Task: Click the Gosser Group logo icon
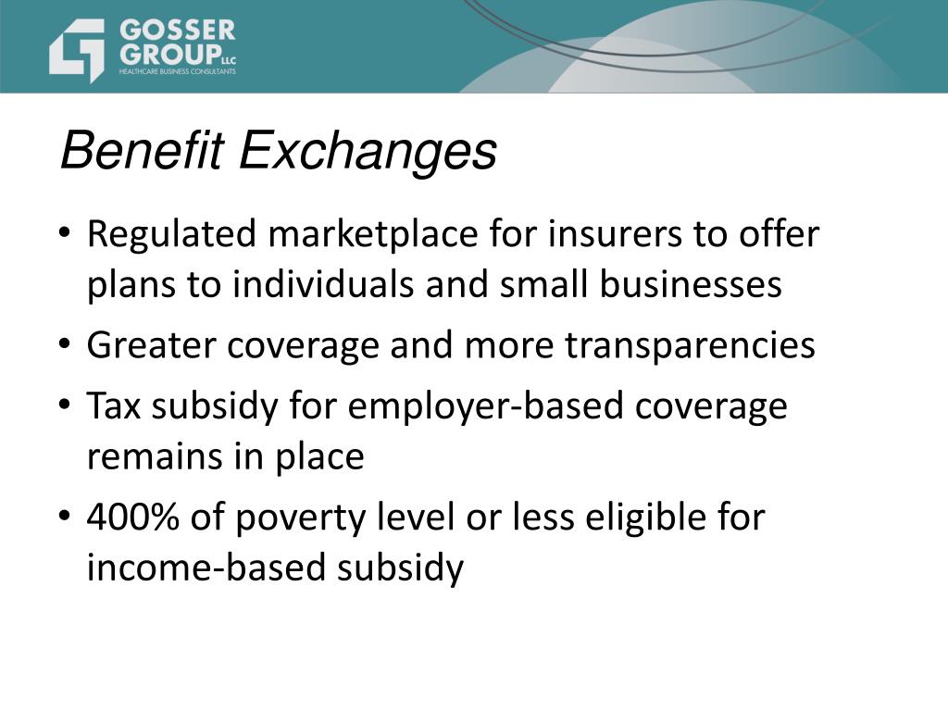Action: (77, 48)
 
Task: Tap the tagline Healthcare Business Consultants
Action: (177, 71)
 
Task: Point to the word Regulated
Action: (170, 235)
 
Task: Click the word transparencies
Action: (690, 345)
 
